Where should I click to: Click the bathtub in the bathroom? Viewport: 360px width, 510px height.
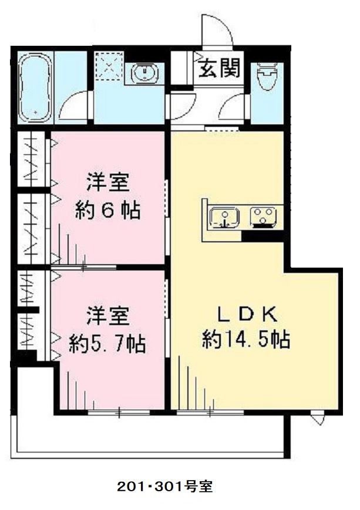point(35,87)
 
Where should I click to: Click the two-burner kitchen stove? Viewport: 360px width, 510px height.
point(263,217)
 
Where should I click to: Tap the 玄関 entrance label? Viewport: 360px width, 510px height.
point(218,69)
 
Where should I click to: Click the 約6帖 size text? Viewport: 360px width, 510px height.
point(107,210)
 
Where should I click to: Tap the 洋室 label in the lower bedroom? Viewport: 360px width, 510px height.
point(107,317)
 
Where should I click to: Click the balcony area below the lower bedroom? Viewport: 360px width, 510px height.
point(147,434)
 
